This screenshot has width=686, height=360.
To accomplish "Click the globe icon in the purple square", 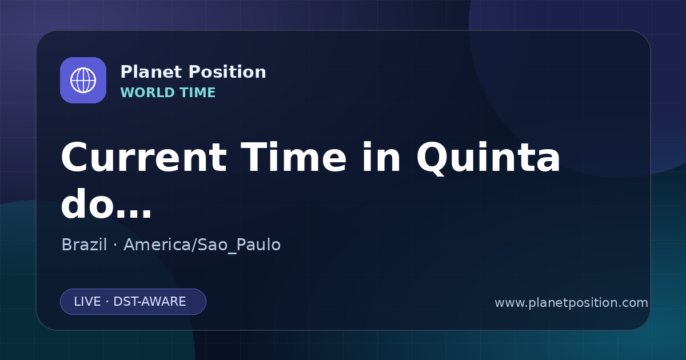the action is click(x=83, y=80).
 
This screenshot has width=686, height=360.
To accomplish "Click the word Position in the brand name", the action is click(x=228, y=72).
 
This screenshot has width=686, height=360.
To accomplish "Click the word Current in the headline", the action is click(x=144, y=158).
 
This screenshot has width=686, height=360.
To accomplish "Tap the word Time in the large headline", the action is click(x=293, y=158).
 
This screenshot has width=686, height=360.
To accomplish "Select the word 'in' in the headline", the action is click(x=381, y=157).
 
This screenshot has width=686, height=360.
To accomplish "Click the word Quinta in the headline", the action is click(x=488, y=159).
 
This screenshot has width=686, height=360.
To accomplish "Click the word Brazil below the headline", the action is click(x=84, y=245).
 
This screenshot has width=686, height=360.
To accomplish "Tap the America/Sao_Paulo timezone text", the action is click(x=202, y=245).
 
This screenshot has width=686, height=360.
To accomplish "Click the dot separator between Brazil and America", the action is click(x=115, y=246).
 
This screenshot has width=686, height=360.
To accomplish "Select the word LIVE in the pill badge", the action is click(x=87, y=302).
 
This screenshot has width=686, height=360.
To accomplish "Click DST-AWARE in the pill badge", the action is click(x=149, y=302).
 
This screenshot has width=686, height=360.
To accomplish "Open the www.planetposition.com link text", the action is click(x=571, y=303).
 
